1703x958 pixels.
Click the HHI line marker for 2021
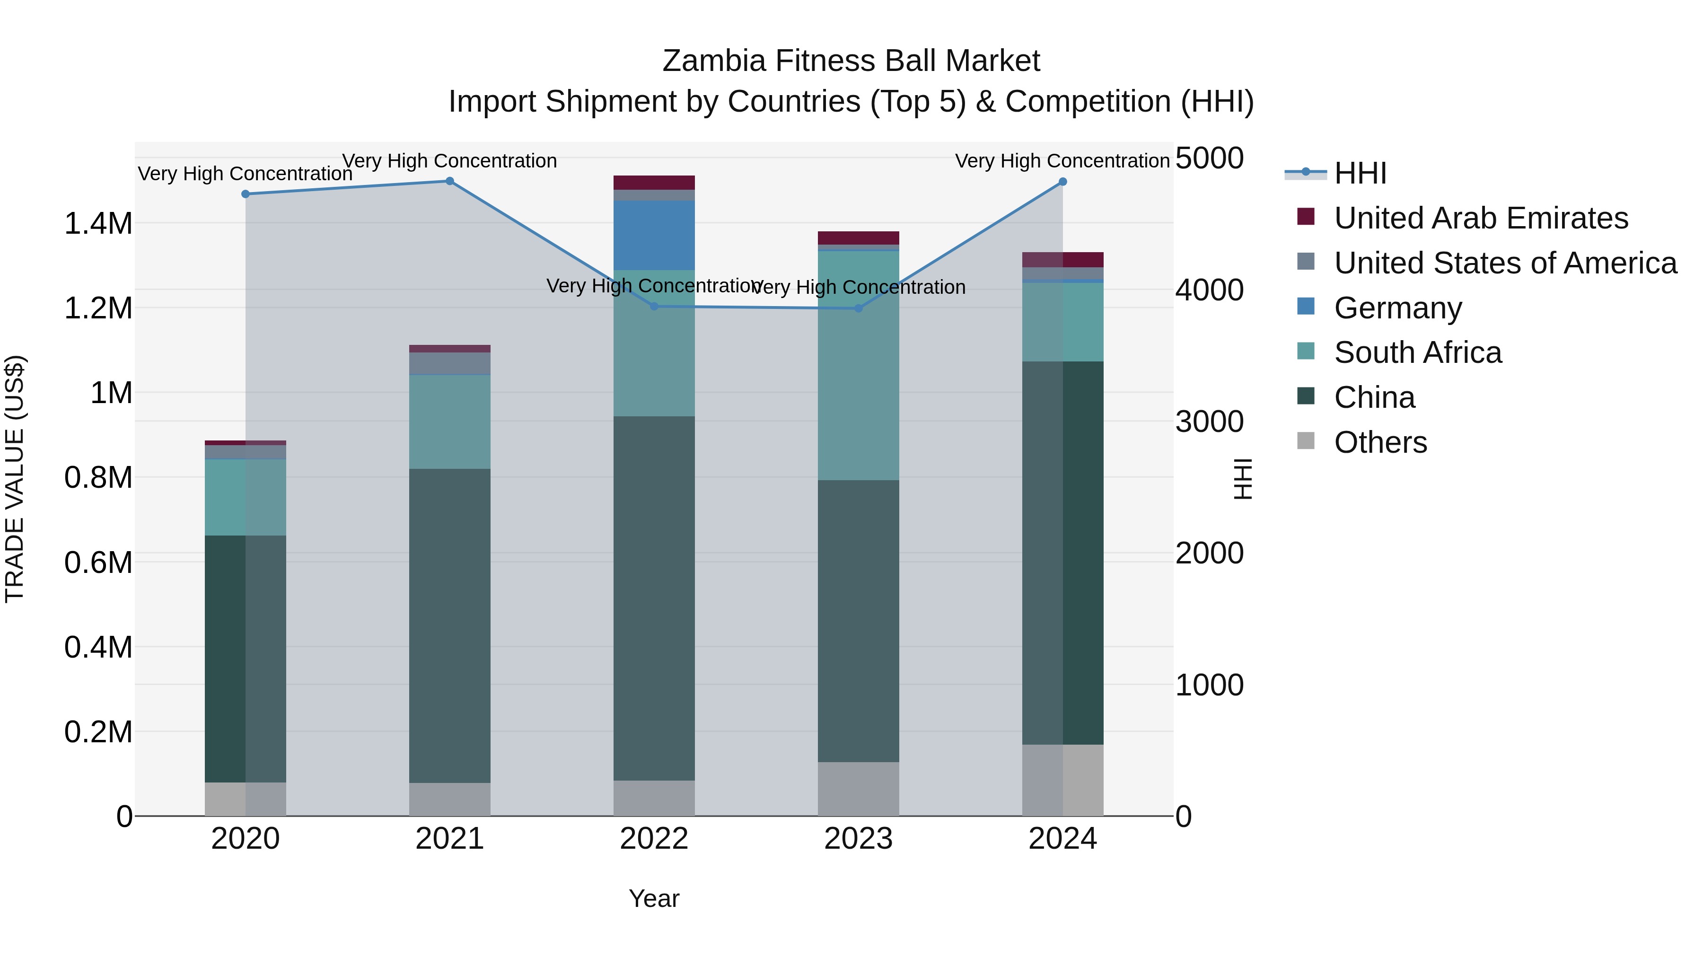click(x=449, y=181)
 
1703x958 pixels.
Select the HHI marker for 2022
click(x=654, y=306)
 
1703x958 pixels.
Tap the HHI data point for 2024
click(x=1062, y=182)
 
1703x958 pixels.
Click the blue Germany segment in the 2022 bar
click(x=654, y=236)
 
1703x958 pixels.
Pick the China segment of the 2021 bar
click(x=449, y=625)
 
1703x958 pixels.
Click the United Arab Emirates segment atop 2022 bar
click(x=654, y=183)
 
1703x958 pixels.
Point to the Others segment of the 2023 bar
click(x=858, y=789)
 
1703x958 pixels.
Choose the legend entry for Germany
click(x=1397, y=308)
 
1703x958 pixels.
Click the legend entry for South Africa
click(x=1417, y=352)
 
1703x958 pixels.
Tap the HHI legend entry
click(x=1360, y=173)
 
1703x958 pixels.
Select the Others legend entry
click(x=1380, y=442)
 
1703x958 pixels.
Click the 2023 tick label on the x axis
click(x=858, y=839)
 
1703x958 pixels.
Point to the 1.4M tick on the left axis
click(x=98, y=223)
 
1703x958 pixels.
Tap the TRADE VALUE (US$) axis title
click(x=15, y=479)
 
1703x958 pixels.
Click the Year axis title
click(x=654, y=898)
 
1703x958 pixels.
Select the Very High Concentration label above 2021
click(x=449, y=161)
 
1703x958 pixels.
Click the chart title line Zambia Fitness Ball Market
click(x=851, y=61)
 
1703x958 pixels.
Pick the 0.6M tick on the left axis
click(x=98, y=562)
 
